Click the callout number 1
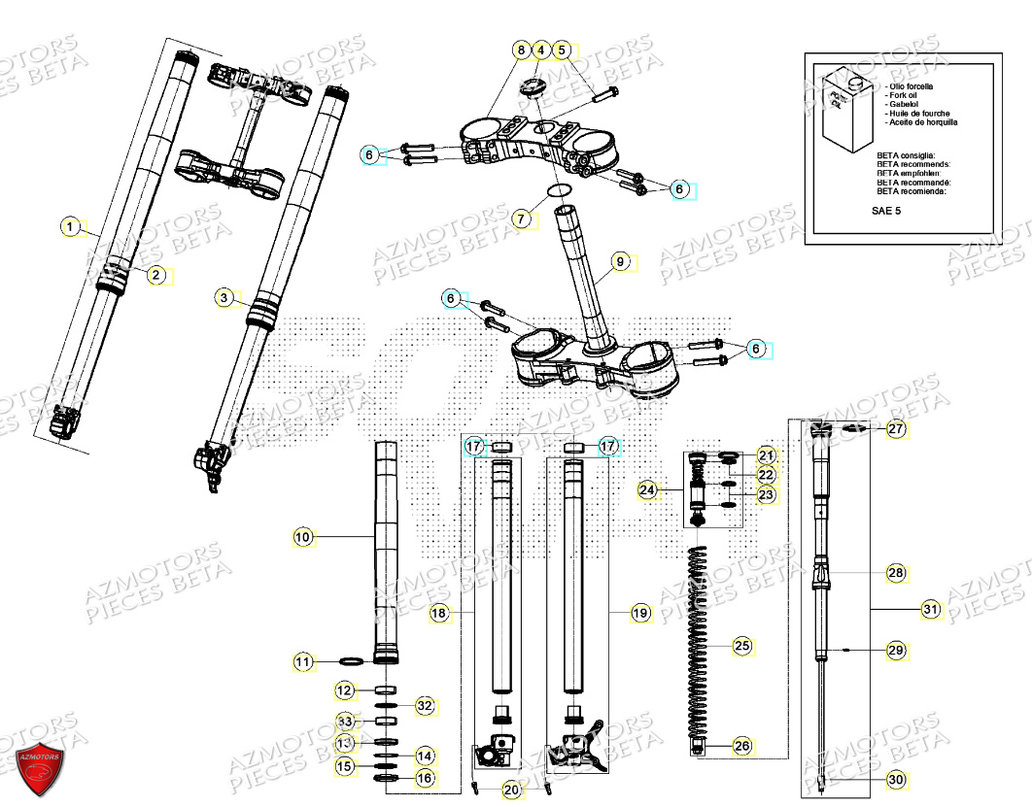click(70, 227)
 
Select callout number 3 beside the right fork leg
click(224, 297)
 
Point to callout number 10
click(303, 536)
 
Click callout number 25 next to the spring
click(742, 645)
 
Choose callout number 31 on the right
click(932, 610)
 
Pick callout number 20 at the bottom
click(512, 790)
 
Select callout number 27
click(895, 428)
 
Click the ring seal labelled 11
click(352, 662)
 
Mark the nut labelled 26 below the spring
click(698, 746)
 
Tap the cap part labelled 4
click(533, 87)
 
